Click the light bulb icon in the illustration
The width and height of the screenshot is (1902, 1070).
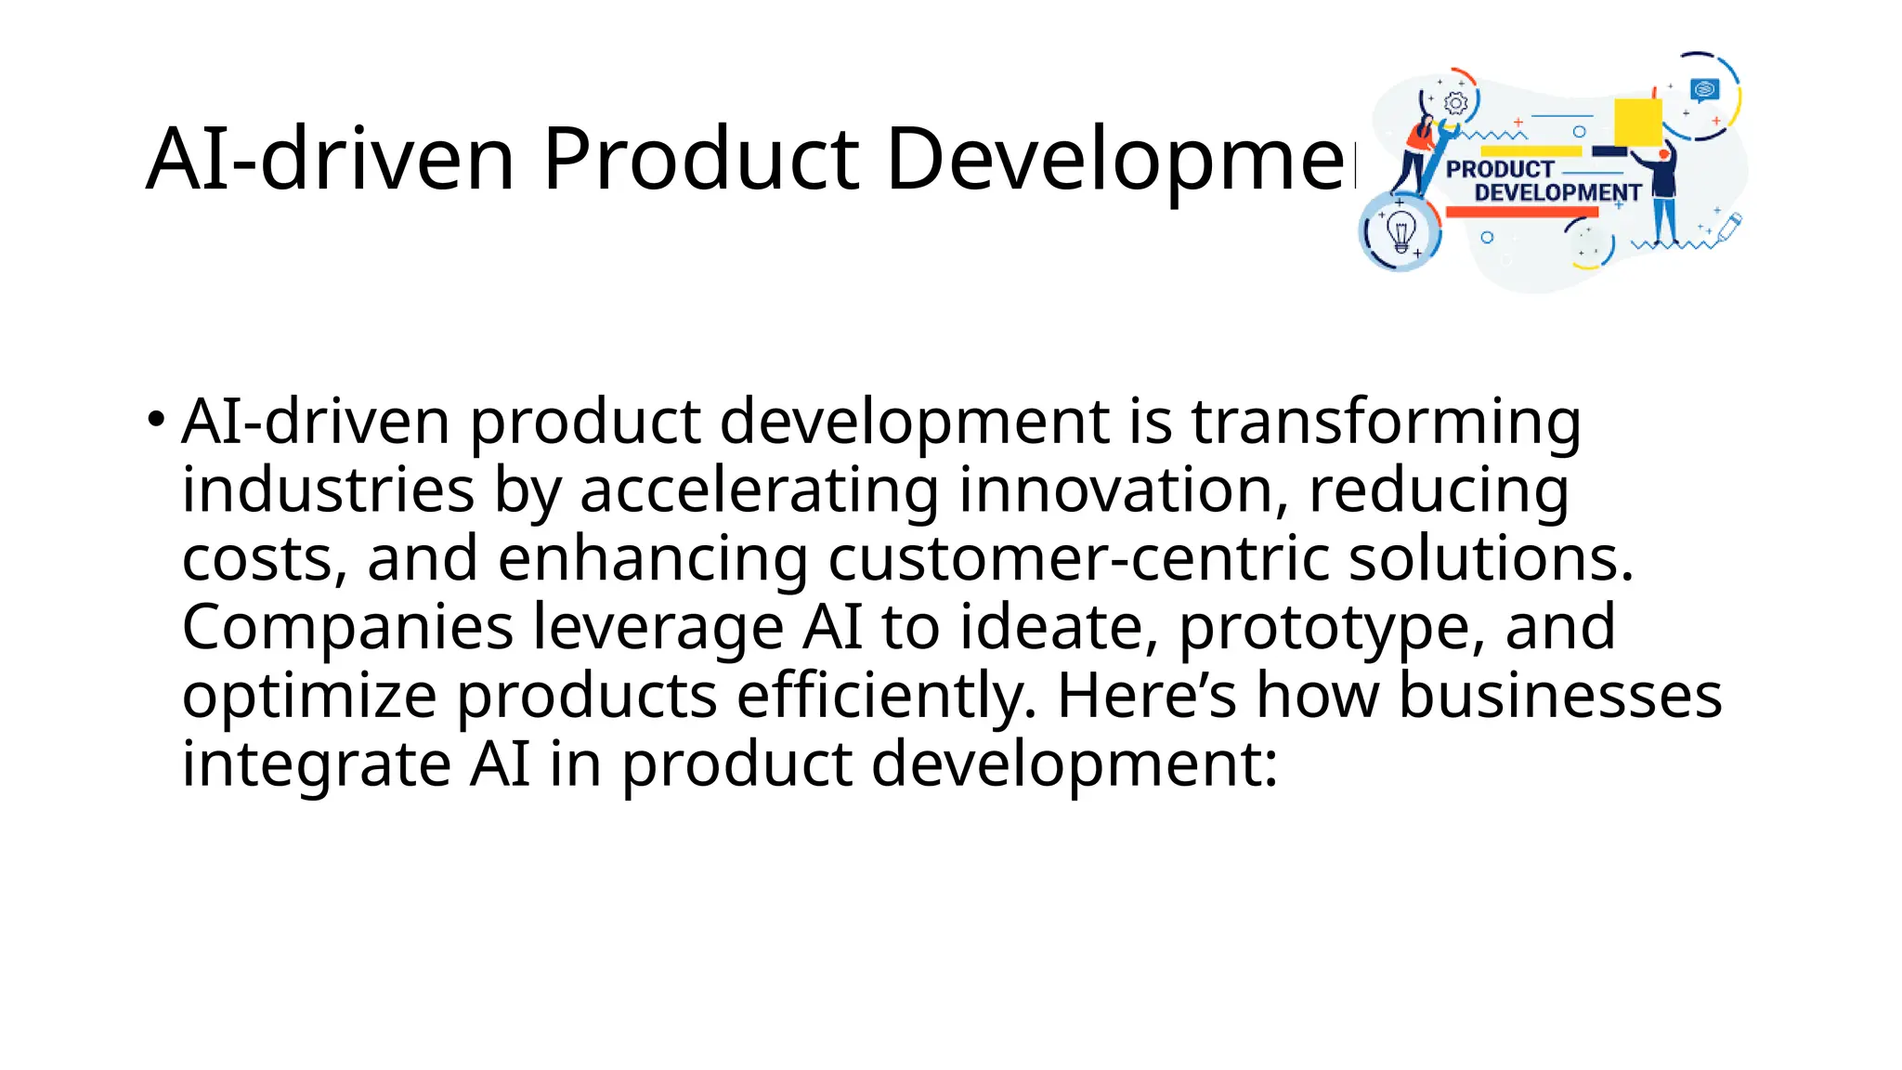(x=1400, y=230)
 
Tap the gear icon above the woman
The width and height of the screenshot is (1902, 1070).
(x=1456, y=103)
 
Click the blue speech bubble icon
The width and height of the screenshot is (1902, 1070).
(x=1705, y=89)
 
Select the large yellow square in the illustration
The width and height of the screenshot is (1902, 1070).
(x=1638, y=122)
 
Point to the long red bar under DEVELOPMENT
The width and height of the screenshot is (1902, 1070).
(x=1522, y=212)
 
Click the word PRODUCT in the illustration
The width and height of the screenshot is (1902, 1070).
(x=1500, y=169)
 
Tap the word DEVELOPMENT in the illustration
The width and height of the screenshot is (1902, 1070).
(x=1557, y=192)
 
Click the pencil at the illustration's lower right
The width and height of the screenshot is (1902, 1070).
(x=1729, y=227)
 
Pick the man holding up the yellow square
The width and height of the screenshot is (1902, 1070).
(x=1663, y=190)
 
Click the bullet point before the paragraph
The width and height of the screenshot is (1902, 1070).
(x=156, y=417)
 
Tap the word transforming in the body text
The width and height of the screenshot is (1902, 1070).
(x=1386, y=422)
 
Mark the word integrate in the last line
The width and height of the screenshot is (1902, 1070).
(x=316, y=764)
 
